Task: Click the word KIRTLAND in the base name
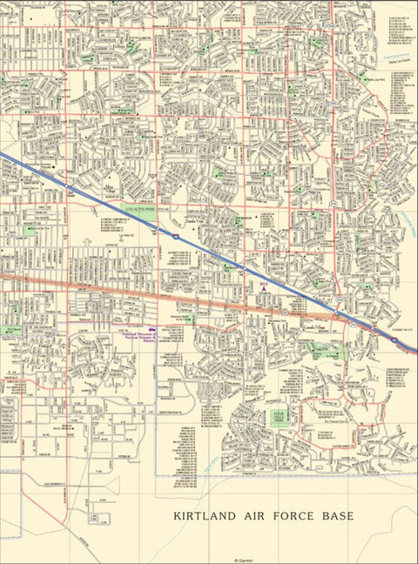point(205,516)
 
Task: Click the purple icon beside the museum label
point(153,331)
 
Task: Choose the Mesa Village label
point(109,186)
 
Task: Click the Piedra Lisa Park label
point(376,80)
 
